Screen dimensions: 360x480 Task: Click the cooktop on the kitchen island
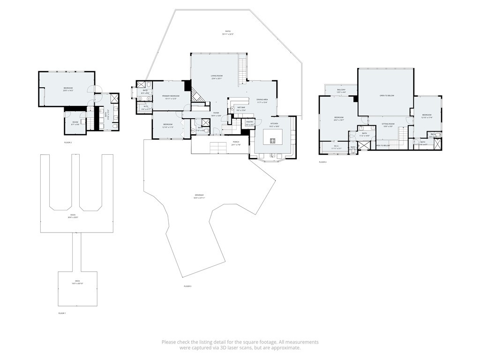[272, 141]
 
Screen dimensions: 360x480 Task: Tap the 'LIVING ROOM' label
[216, 76]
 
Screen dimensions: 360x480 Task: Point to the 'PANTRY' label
[250, 122]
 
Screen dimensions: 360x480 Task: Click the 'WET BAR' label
[241, 107]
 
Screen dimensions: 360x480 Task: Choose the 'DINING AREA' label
[262, 99]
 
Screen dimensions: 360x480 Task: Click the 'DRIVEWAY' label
[200, 195]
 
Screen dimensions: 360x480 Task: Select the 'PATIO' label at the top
[228, 31]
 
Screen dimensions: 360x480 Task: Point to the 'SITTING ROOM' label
[388, 124]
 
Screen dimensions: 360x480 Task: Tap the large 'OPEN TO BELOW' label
[387, 96]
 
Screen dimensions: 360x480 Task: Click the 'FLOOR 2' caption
[68, 142]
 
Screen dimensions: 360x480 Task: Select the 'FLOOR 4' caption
[322, 162]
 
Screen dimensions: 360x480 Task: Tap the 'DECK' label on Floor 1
[77, 281]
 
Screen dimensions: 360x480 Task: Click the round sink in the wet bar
[232, 109]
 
